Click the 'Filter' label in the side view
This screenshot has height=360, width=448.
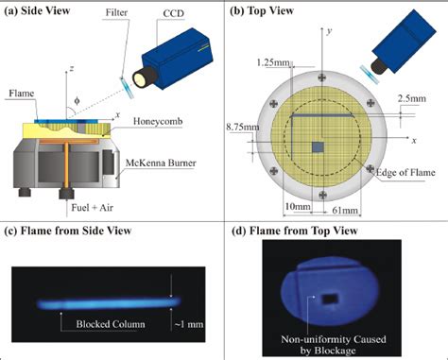point(116,12)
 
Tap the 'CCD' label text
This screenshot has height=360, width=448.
point(173,13)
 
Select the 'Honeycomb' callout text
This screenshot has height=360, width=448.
point(158,121)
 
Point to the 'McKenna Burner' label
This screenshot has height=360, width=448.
point(161,163)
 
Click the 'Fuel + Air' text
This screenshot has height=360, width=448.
point(92,208)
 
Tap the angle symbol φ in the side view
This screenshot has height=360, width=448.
point(77,101)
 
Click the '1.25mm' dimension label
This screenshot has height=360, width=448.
point(273,62)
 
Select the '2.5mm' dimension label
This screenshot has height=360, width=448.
point(411,98)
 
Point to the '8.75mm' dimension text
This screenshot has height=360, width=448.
point(243,127)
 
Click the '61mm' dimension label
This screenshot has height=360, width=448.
point(345,210)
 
